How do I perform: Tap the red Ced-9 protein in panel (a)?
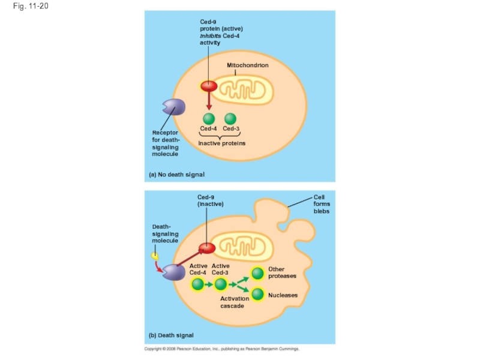[208, 86]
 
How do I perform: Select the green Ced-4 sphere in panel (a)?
[208, 118]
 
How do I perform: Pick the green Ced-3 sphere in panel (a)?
[230, 118]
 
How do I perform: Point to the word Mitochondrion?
[247, 65]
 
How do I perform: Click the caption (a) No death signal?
[176, 175]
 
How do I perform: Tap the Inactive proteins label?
[221, 143]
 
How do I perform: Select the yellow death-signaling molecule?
[155, 256]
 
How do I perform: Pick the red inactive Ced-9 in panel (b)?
[207, 247]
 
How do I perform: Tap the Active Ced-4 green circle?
[197, 284]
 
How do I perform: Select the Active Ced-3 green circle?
[221, 284]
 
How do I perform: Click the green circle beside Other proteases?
[257, 273]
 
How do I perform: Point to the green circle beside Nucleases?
[257, 295]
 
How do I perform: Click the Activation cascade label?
[233, 302]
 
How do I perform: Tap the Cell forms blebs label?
[322, 204]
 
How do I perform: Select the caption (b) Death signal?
[171, 335]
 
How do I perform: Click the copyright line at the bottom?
[221, 349]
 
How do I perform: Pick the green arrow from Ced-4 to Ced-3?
[209, 284]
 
